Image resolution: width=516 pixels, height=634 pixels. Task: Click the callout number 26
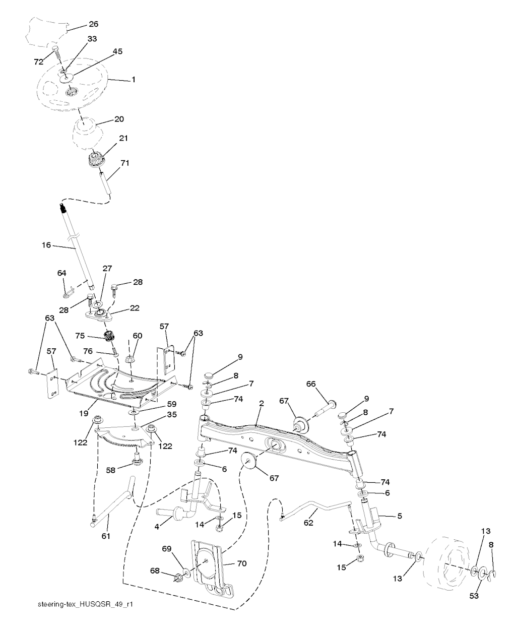[x=93, y=24]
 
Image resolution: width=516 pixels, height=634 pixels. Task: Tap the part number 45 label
[x=117, y=51]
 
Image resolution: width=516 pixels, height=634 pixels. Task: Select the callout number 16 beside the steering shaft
[x=46, y=245]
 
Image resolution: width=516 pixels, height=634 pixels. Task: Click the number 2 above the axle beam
[x=261, y=403]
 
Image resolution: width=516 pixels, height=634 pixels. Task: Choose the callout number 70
[x=242, y=563]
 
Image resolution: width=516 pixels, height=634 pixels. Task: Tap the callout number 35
[x=172, y=414]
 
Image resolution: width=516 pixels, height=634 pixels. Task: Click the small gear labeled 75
[x=109, y=337]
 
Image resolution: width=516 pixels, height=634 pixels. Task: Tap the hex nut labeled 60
[x=130, y=358]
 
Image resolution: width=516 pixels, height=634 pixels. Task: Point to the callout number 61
[x=106, y=536]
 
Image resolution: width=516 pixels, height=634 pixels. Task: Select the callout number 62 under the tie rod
[x=308, y=523]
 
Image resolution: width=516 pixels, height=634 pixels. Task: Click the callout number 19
[x=84, y=413]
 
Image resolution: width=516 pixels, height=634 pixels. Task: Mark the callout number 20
[x=119, y=119]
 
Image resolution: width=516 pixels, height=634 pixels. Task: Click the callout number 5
[x=400, y=516]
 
